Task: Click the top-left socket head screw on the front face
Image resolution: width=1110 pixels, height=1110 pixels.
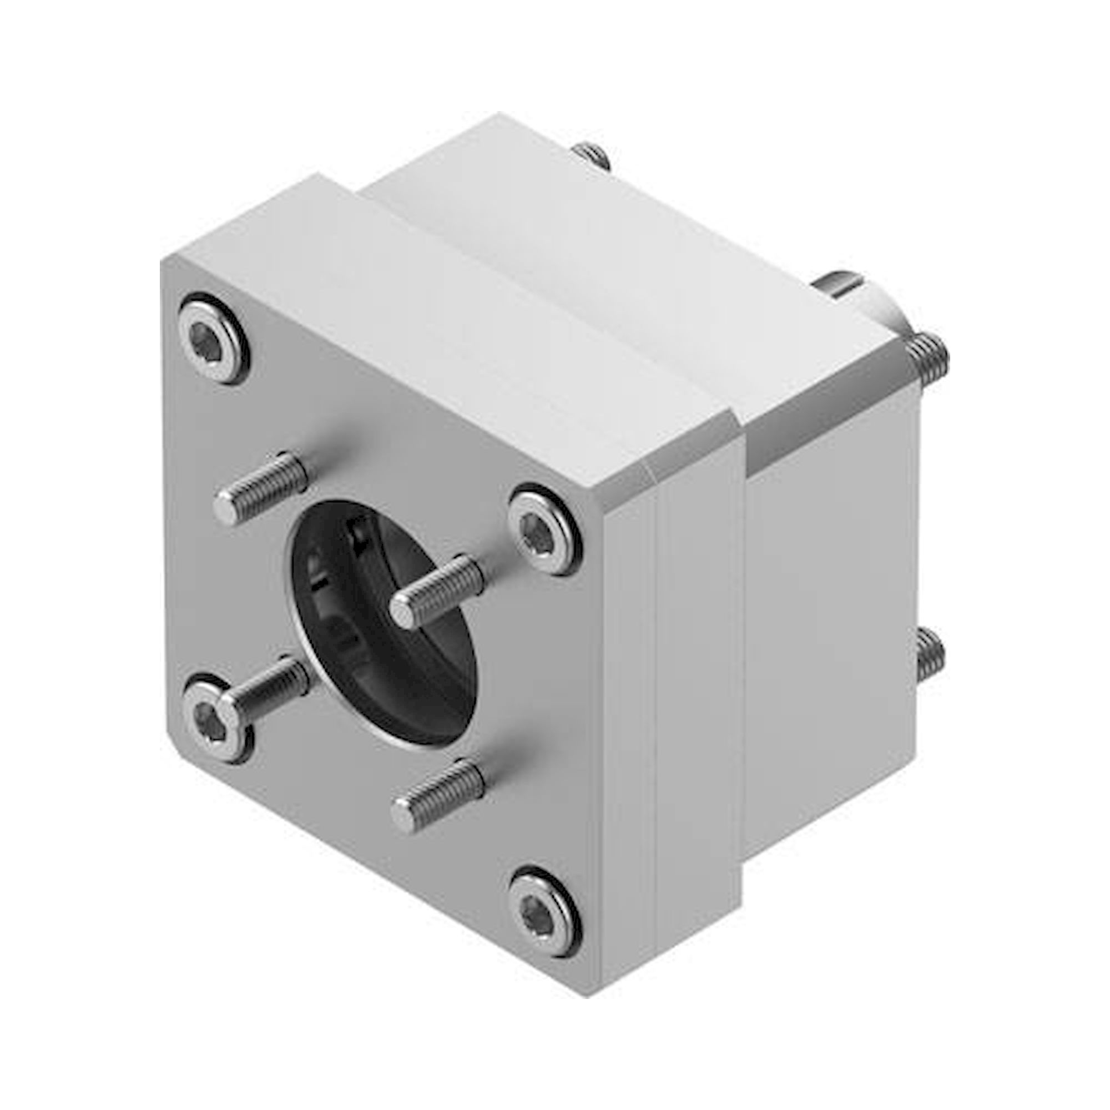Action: (x=215, y=339)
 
